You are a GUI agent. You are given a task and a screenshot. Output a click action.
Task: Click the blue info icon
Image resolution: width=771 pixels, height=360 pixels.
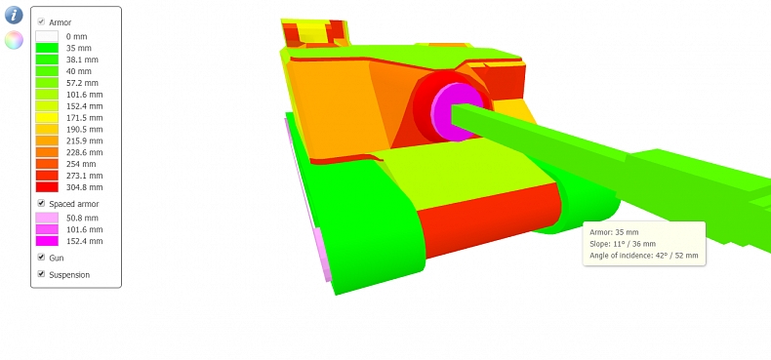14,15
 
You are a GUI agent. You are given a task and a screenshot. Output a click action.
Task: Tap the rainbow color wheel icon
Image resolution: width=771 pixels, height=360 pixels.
14,40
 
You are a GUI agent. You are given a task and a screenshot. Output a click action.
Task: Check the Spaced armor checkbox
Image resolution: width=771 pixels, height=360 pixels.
41,203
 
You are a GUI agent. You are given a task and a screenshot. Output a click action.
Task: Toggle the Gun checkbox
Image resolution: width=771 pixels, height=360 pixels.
41,258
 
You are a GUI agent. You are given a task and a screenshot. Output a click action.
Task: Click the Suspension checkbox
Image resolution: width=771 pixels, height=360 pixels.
41,274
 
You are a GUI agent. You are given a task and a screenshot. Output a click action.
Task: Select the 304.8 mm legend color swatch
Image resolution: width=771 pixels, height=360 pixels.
47,187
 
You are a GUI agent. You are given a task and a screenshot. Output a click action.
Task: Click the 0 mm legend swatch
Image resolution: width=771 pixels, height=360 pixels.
47,36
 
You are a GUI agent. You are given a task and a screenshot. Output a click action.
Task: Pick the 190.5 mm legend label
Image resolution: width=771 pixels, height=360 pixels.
85,130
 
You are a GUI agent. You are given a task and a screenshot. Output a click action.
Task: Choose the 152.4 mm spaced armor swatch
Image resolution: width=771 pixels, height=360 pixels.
47,241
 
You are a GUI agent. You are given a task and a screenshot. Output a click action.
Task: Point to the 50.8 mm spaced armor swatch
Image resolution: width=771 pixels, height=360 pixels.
47,218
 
